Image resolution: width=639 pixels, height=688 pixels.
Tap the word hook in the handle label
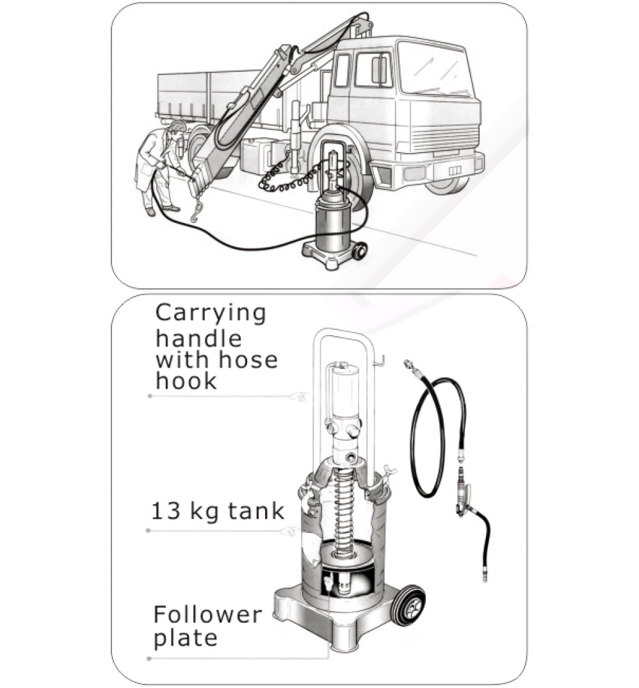(186, 380)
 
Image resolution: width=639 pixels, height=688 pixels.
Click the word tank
(256, 511)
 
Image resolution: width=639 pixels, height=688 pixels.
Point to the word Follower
(207, 614)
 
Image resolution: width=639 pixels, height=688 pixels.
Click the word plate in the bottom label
(186, 639)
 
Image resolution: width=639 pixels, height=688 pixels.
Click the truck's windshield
(434, 70)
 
